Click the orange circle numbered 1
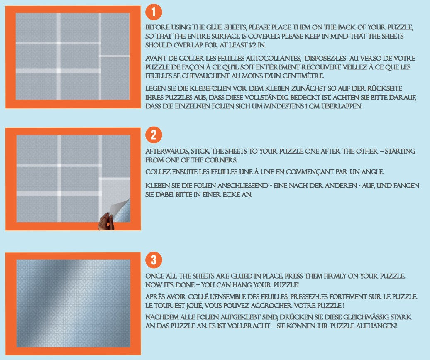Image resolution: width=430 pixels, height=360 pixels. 154,12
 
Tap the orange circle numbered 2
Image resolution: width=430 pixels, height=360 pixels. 154,135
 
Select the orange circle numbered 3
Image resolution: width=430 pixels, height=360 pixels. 154,260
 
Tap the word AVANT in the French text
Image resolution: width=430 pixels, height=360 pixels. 155,59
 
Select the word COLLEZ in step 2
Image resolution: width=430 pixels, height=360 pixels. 157,172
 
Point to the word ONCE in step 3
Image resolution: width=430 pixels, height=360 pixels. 154,276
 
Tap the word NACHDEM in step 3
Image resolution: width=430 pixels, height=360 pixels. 159,318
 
